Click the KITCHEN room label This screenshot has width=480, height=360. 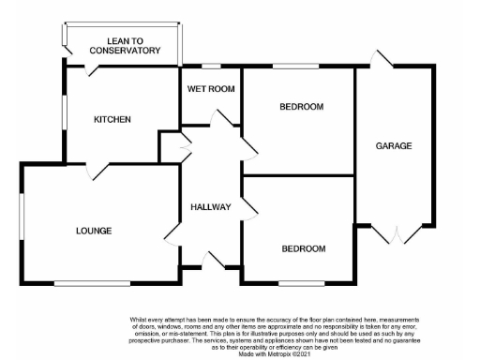pyautogui.click(x=112, y=120)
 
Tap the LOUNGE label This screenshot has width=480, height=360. pyautogui.click(x=94, y=231)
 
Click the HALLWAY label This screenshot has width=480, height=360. pyautogui.click(x=209, y=206)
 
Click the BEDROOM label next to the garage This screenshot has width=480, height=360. pyautogui.click(x=301, y=107)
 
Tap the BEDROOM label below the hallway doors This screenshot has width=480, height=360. pyautogui.click(x=303, y=248)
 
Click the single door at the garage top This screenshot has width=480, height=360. pyautogui.click(x=380, y=59)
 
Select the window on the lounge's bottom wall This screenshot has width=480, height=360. pyautogui.click(x=80, y=282)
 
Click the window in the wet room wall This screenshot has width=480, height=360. pyautogui.click(x=211, y=67)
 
